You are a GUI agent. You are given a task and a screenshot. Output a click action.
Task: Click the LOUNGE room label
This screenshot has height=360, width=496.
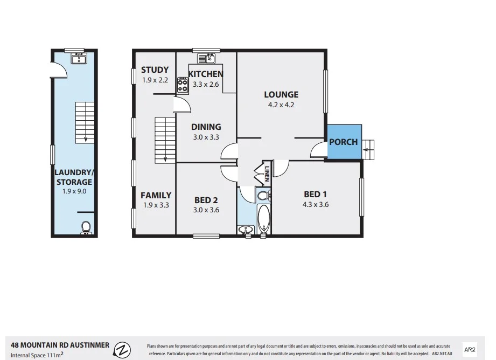[x=281, y=95]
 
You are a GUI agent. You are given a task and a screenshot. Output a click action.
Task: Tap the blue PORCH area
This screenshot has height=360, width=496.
[x=344, y=142]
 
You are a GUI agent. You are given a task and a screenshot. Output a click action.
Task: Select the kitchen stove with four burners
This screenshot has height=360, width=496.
[x=183, y=85]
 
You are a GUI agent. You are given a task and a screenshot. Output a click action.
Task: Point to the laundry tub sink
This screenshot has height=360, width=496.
[x=79, y=58]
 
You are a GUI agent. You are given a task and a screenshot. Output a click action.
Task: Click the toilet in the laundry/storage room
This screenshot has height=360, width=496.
[x=86, y=228]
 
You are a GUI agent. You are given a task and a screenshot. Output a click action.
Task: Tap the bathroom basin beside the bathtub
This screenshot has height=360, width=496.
[x=246, y=231]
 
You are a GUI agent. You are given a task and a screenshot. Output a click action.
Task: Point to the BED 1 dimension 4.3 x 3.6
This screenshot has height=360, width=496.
[x=316, y=204]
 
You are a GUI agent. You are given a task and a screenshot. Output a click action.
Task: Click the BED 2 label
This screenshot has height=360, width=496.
[x=206, y=200]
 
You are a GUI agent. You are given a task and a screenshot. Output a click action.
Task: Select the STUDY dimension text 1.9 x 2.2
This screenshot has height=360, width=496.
[x=155, y=80]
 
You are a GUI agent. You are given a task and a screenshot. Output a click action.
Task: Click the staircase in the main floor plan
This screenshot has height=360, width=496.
[x=165, y=140]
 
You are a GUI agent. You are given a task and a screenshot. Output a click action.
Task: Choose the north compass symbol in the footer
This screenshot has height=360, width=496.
[x=123, y=349]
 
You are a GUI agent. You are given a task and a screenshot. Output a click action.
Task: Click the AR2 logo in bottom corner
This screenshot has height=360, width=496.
[x=470, y=349]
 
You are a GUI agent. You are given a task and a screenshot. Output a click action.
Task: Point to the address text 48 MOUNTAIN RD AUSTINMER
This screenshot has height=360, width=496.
[x=60, y=345]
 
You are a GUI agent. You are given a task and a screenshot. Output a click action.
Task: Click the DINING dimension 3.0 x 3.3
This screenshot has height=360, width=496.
[x=206, y=137]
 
